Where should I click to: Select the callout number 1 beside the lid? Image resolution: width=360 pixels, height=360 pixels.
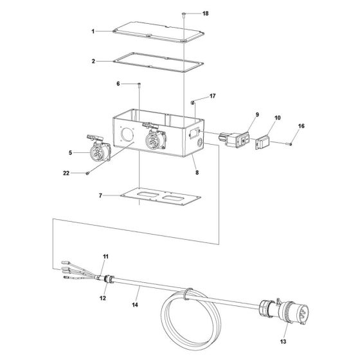click(93, 31)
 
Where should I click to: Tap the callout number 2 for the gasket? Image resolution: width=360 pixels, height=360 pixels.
click(93, 62)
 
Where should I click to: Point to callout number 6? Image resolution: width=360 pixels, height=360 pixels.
click(118, 84)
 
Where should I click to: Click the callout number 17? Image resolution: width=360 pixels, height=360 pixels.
click(213, 96)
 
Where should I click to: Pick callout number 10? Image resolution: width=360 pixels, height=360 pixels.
click(278, 119)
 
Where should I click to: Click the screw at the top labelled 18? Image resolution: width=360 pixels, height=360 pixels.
click(184, 13)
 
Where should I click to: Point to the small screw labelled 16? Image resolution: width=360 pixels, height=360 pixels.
click(290, 143)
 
